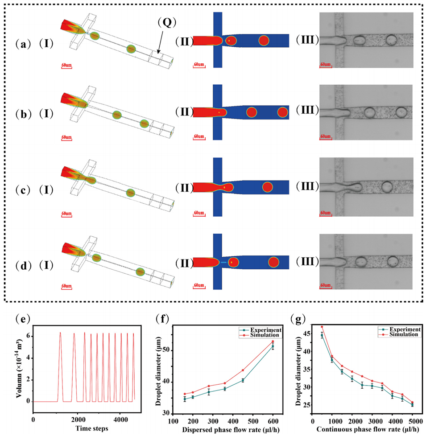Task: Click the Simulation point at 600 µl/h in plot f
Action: [273, 341]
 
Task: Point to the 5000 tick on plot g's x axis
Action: [412, 419]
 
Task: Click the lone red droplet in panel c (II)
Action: [268, 188]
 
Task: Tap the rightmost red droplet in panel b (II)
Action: [282, 112]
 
